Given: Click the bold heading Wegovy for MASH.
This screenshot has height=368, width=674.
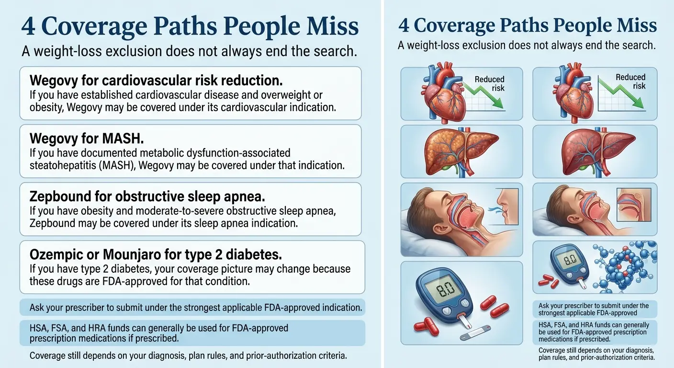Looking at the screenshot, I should click(x=87, y=139).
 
